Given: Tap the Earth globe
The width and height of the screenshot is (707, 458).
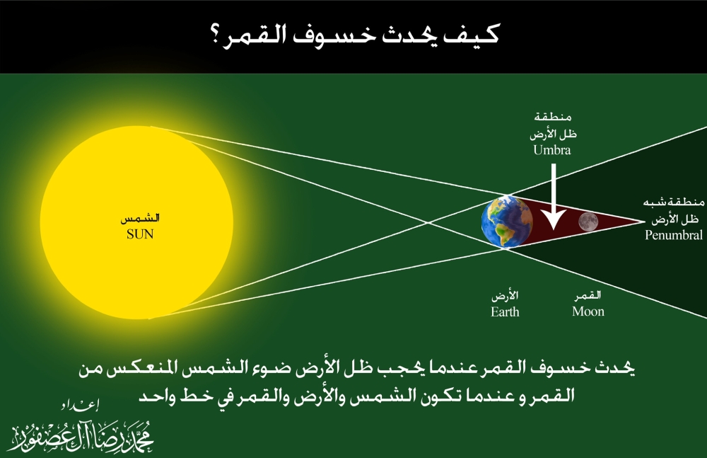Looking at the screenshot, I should [506, 221].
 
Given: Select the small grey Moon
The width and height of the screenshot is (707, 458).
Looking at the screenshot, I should [588, 222].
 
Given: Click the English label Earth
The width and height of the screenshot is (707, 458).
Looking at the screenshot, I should [505, 311].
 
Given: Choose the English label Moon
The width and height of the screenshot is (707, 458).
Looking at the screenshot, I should [588, 311].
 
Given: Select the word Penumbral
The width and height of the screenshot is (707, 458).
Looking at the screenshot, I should [673, 235].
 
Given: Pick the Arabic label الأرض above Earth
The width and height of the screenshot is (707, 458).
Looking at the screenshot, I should [504, 295].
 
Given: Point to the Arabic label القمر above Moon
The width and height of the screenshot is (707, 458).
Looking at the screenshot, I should [588, 295].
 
